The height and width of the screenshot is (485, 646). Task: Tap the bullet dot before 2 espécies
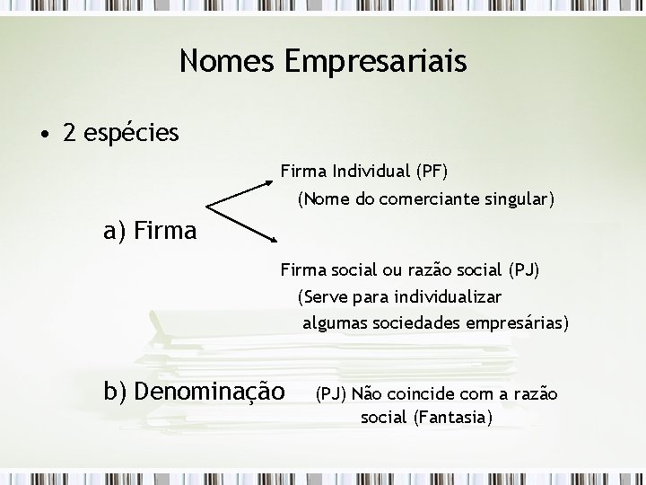pyautogui.click(x=44, y=135)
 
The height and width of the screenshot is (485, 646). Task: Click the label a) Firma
pyautogui.click(x=150, y=232)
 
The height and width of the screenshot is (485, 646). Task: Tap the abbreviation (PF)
pyautogui.click(x=432, y=170)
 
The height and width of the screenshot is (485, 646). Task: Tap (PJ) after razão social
pyautogui.click(x=523, y=269)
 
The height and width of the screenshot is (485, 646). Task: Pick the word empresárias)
pyautogui.click(x=515, y=322)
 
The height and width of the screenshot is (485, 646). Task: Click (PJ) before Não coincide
pyautogui.click(x=330, y=393)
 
